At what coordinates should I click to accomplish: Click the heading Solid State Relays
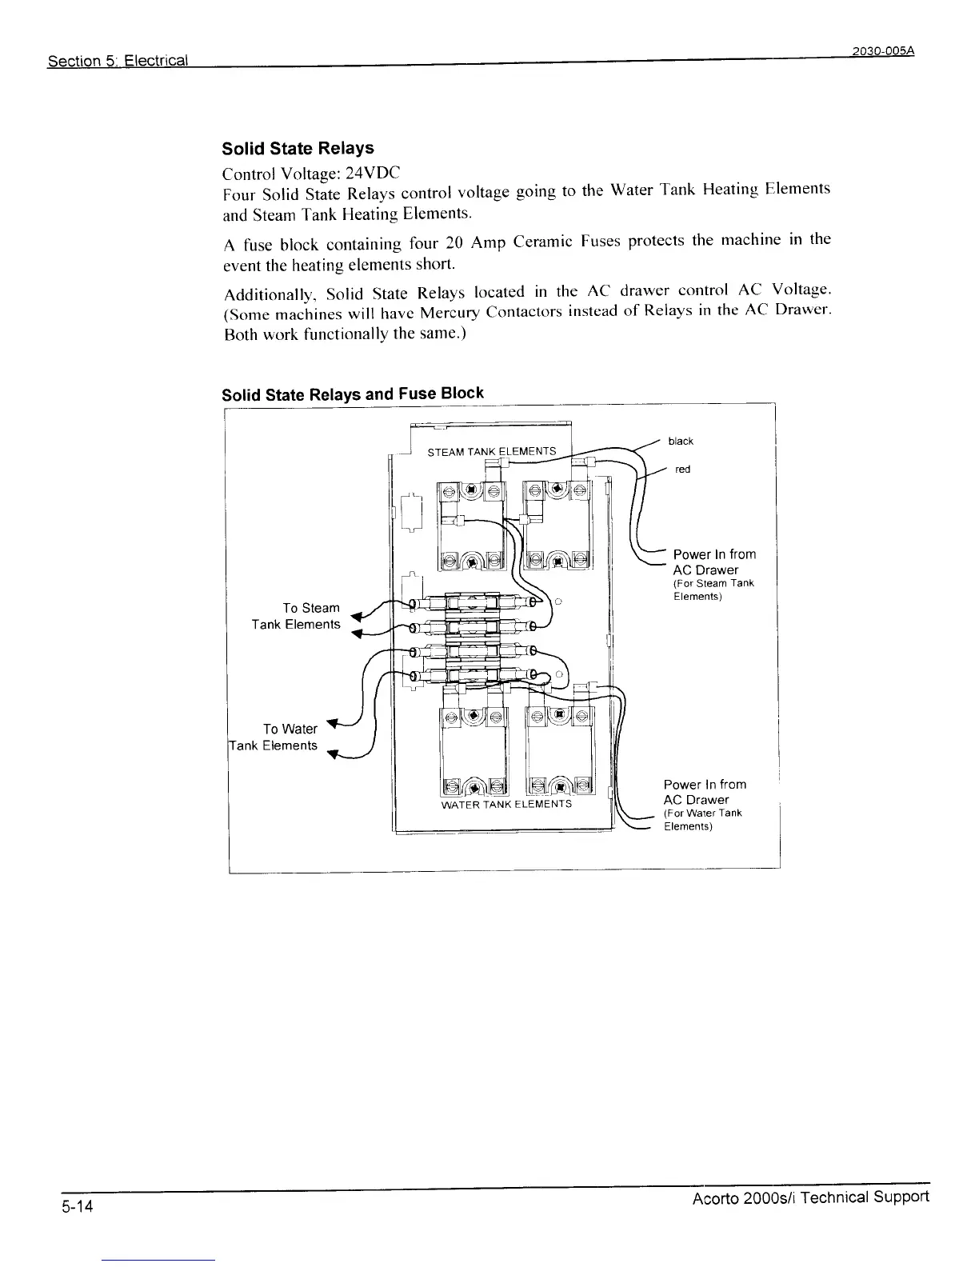tap(298, 149)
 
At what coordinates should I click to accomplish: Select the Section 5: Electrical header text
tap(118, 61)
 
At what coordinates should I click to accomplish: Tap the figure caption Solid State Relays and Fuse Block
tap(352, 394)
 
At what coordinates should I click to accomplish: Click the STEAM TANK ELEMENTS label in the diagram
tap(491, 452)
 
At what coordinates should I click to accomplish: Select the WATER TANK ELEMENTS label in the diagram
tap(506, 804)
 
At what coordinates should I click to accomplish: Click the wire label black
tap(681, 442)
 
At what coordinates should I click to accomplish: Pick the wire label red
tap(682, 470)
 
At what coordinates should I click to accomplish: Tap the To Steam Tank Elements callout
tap(296, 616)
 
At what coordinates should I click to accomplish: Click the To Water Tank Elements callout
tap(274, 737)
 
